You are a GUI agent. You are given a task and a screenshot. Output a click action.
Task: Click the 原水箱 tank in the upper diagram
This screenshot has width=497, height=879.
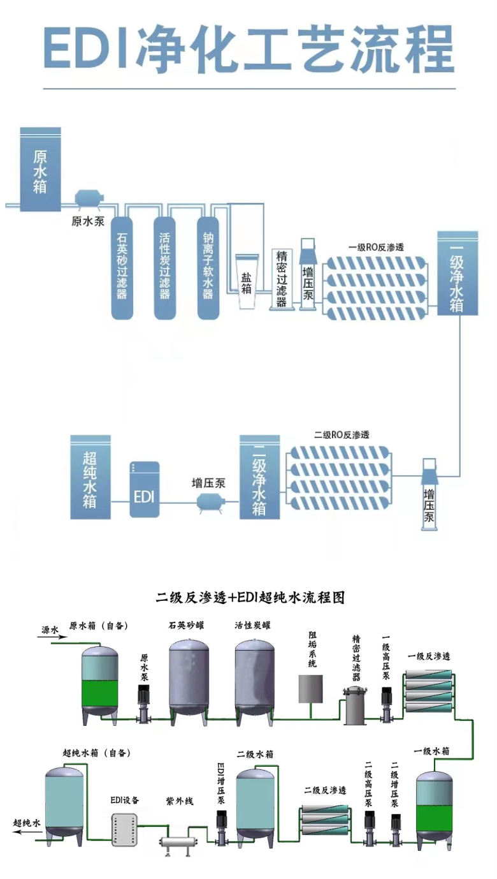(x=40, y=170)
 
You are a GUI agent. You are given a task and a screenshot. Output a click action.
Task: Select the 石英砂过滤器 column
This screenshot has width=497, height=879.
(x=122, y=268)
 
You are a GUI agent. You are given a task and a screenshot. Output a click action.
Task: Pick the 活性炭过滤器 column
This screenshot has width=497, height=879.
(x=164, y=268)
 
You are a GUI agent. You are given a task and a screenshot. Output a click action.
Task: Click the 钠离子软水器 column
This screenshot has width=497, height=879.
(x=208, y=268)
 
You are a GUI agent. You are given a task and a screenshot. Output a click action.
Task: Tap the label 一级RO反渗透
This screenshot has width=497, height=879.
(x=376, y=247)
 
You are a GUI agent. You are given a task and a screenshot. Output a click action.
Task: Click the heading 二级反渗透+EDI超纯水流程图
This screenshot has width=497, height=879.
(x=250, y=598)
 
